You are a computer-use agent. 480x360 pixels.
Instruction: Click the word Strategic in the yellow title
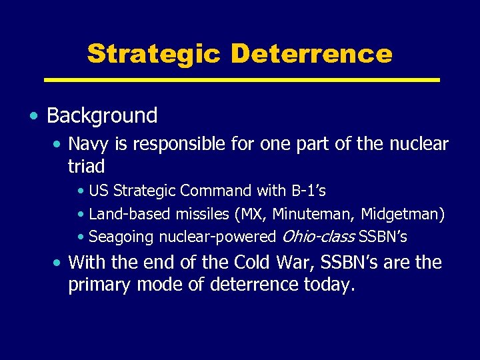[x=153, y=54]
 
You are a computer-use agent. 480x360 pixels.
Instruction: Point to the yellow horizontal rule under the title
[x=241, y=80]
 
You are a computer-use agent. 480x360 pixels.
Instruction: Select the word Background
[x=102, y=115]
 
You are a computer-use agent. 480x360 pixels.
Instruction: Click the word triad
[x=87, y=165]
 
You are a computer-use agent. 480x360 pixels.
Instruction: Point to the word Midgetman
[x=406, y=214]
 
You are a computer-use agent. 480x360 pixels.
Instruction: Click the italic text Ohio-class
[x=318, y=237]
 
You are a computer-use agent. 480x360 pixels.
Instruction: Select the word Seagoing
[x=117, y=237]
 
